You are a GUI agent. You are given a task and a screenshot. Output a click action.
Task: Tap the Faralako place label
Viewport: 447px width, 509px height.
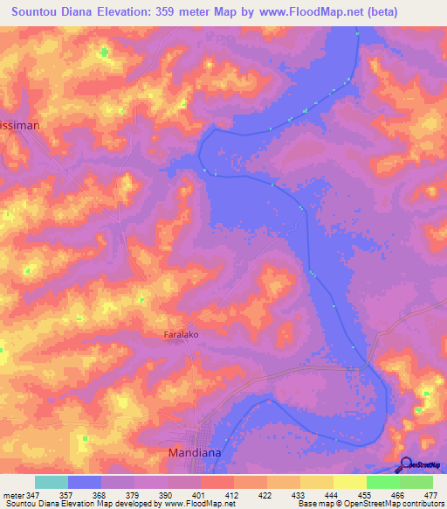point(184,335)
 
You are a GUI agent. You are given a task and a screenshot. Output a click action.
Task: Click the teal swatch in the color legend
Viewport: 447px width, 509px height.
point(51,482)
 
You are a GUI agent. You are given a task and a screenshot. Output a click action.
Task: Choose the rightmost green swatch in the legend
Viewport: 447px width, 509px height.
point(416,482)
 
